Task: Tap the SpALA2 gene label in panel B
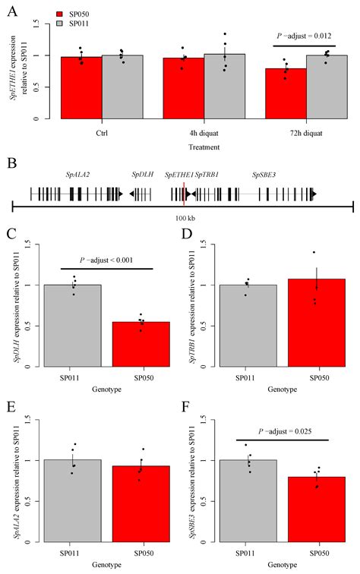77,175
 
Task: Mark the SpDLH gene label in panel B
142,175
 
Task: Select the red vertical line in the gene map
185,194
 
